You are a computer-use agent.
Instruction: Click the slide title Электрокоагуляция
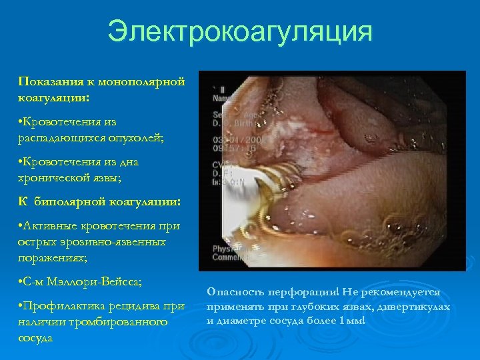point(239,31)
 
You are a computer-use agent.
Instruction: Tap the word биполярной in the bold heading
point(72,200)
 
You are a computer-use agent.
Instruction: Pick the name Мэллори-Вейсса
point(85,280)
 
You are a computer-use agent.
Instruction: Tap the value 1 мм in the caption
point(351,321)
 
